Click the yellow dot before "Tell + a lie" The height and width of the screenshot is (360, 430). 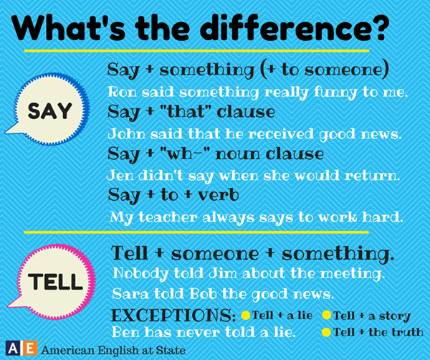coord(246,316)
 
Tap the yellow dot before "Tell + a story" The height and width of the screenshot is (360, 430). coord(326,316)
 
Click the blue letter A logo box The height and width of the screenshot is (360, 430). coord(12,349)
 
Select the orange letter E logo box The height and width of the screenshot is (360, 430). coord(29,349)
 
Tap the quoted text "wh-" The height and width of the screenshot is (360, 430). coord(185,153)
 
